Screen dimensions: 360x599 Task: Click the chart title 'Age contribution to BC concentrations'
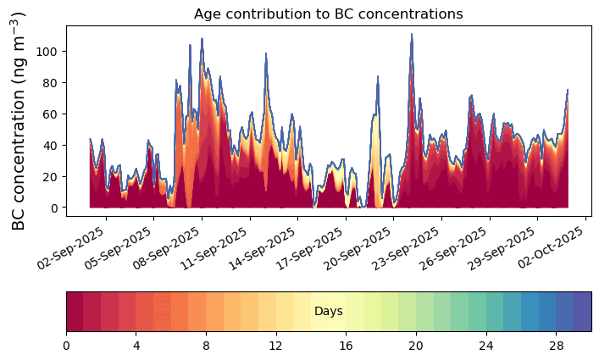pyautogui.click(x=328, y=14)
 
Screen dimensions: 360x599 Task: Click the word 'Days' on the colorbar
pyautogui.click(x=328, y=312)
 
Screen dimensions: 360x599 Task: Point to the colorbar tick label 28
pyautogui.click(x=556, y=346)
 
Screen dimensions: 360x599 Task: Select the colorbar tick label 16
pyautogui.click(x=346, y=346)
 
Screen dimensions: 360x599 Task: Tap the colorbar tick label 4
pyautogui.click(x=136, y=346)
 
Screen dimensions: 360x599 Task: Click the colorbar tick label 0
pyautogui.click(x=66, y=346)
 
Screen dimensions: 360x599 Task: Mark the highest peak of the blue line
pyautogui.click(x=412, y=35)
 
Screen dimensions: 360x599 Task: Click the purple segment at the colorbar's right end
pyautogui.click(x=583, y=312)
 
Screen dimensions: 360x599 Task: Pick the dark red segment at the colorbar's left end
pyautogui.click(x=75, y=312)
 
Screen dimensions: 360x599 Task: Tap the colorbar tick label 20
pyautogui.click(x=416, y=346)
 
